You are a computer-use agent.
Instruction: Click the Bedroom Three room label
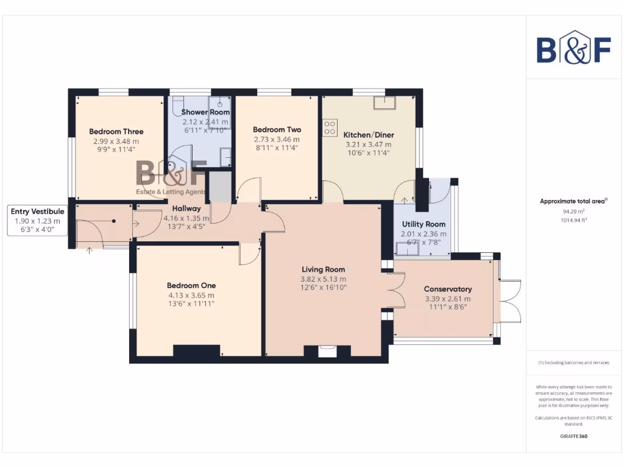[x=116, y=131]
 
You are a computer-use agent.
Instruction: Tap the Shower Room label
[x=205, y=112]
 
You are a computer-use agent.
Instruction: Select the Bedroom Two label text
[x=277, y=129]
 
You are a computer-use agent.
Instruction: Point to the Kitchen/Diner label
[x=369, y=135]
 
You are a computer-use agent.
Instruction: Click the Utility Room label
[x=424, y=224]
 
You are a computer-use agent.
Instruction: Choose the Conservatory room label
[x=448, y=289]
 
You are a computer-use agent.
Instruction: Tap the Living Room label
[x=324, y=269]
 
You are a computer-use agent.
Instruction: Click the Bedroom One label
[x=191, y=285]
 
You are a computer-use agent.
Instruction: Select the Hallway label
[x=186, y=208]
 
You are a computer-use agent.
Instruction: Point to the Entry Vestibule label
[x=37, y=211]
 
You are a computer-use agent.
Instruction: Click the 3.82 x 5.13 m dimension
[x=324, y=278]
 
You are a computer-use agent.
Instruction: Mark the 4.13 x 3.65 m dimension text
[x=191, y=295]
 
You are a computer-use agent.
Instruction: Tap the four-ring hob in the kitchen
[x=330, y=127]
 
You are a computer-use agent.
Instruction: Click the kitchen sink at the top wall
[x=385, y=102]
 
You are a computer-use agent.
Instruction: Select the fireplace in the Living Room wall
[x=327, y=350]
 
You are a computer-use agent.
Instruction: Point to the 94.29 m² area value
[x=573, y=211]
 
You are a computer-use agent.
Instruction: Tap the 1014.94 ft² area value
[x=573, y=220]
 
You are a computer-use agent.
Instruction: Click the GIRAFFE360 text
[x=573, y=436]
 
